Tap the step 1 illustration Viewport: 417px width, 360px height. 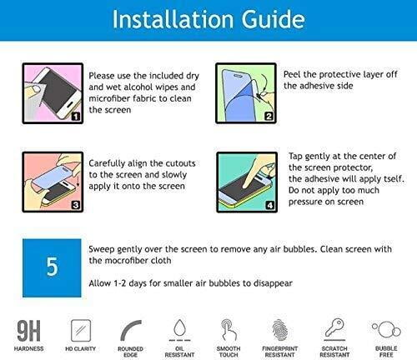click(x=51, y=94)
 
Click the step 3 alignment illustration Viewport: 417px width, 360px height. click(x=51, y=178)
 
